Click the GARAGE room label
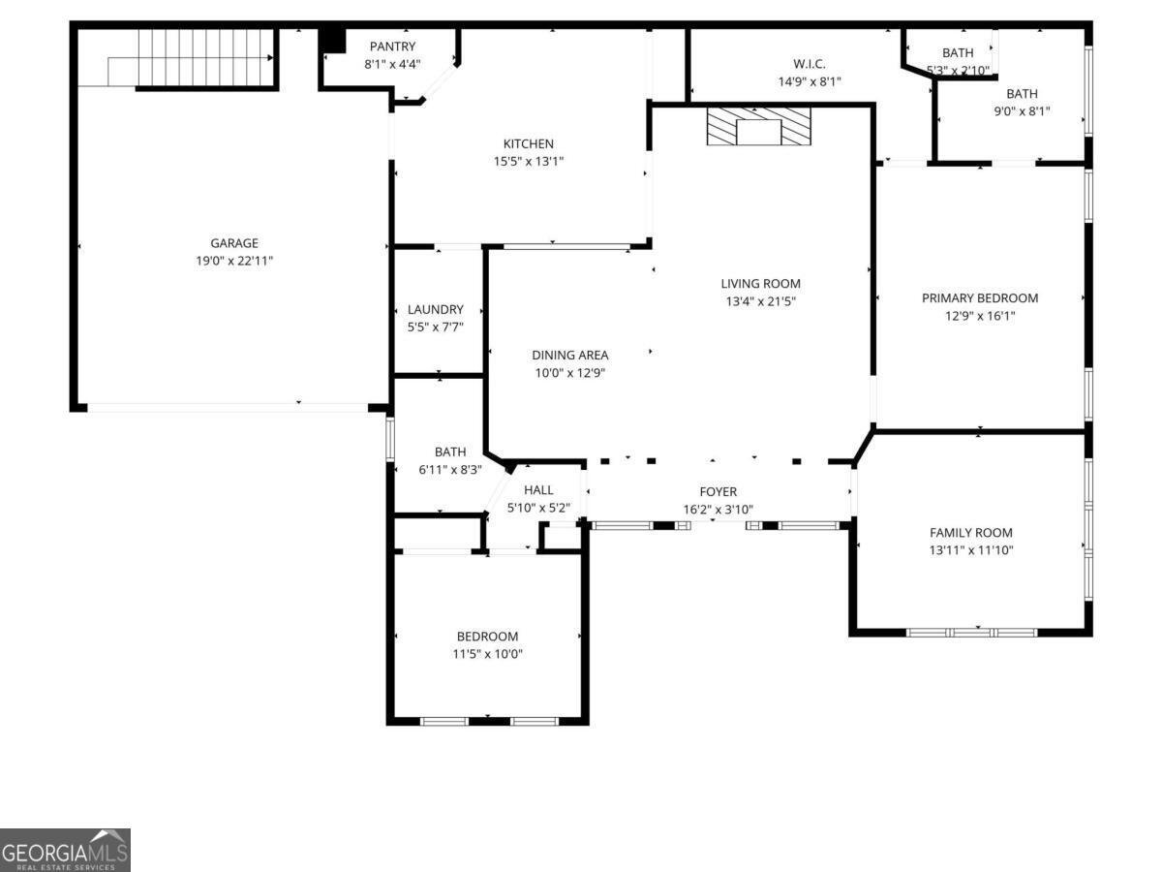pos(234,243)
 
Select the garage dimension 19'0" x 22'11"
pos(234,261)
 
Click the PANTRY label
pos(392,47)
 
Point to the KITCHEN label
pos(528,144)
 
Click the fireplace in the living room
pos(757,127)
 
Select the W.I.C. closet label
pos(810,64)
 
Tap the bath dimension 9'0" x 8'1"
pos(1022,111)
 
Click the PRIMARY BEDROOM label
pos(979,298)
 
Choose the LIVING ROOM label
pos(760,284)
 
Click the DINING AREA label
pos(569,356)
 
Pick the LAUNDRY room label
pos(435,310)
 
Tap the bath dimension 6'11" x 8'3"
pos(449,469)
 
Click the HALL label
pos(538,490)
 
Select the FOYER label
pos(718,492)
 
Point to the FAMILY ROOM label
pos(970,533)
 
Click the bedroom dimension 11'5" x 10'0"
pos(487,654)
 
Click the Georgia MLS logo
pos(65,850)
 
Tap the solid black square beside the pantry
pos(333,40)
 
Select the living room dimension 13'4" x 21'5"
pos(760,301)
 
